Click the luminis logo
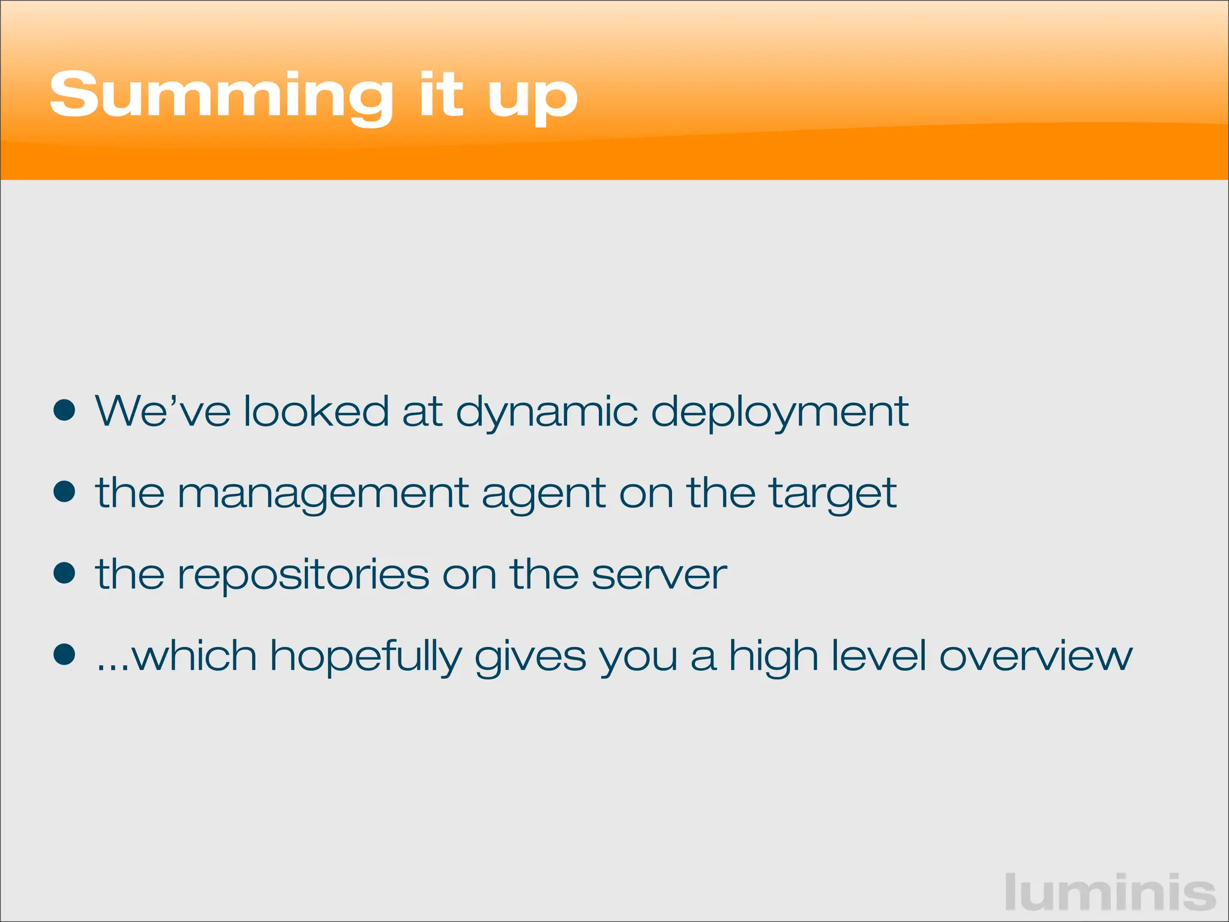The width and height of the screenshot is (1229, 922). [x=1110, y=893]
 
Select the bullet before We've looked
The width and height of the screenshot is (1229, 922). [x=64, y=411]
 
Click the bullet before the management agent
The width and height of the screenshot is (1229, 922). [x=64, y=492]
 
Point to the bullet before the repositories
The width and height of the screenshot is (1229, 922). [x=64, y=573]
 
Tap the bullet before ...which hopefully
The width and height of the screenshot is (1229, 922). [x=64, y=654]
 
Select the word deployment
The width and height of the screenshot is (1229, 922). [x=780, y=413]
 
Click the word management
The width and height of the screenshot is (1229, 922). [x=323, y=494]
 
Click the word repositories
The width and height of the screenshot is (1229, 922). [x=303, y=575]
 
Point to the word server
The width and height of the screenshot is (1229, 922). [x=658, y=575]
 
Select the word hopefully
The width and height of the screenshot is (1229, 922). [x=365, y=657]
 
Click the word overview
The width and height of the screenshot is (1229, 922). [x=1035, y=655]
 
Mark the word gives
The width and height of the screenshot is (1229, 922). [x=530, y=657]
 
